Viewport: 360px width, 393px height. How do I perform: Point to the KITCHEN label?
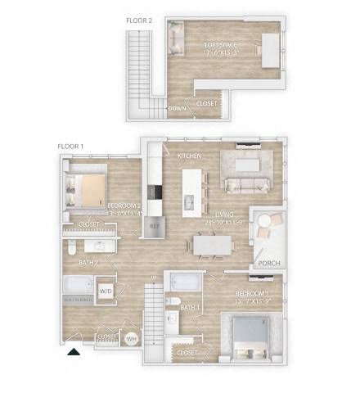point(189,156)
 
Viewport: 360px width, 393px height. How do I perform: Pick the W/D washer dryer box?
point(106,291)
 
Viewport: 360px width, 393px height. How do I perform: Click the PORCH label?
point(266,264)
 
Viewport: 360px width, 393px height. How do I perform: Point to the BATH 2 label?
point(88,263)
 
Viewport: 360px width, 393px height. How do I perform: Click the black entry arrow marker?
point(73,352)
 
